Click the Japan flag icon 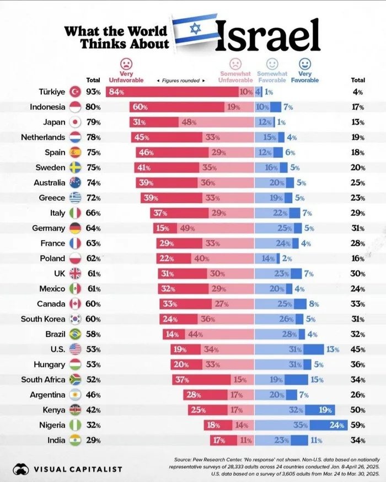tap(76, 122)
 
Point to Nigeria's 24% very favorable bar tap(330, 425)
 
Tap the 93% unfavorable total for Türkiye tap(93, 92)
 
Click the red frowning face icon tap(127, 62)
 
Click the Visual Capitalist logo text tap(78, 469)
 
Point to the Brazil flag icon tap(76, 334)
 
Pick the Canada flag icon tap(76, 304)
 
